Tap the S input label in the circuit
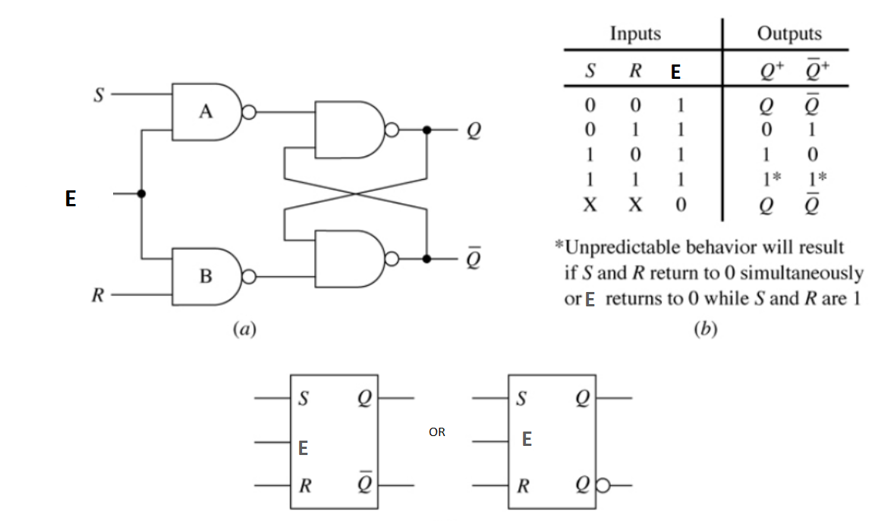[96, 95]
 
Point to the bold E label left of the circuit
[70, 199]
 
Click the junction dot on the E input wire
[142, 194]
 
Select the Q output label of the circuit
[474, 131]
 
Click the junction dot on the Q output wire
[427, 130]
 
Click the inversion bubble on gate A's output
[247, 113]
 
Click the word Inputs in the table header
[635, 34]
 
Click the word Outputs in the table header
[788, 34]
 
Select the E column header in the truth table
[675, 72]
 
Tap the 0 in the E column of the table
[680, 204]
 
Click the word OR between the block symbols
[436, 432]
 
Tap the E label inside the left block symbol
[303, 449]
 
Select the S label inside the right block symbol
[521, 399]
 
